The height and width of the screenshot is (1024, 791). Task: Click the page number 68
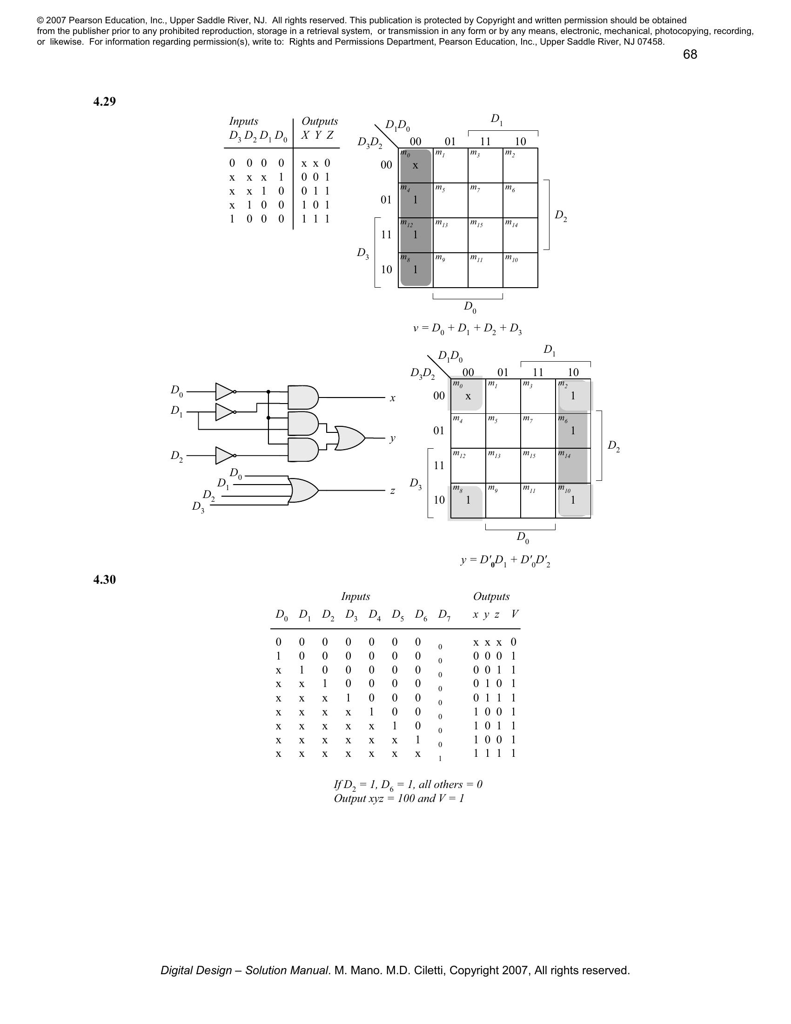(x=690, y=55)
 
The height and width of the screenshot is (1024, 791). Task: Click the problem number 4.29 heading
(x=105, y=102)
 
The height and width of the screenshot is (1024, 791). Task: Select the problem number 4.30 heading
(x=105, y=580)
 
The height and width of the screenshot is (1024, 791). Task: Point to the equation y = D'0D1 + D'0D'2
(x=505, y=561)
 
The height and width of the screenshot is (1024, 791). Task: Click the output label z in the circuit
(x=393, y=491)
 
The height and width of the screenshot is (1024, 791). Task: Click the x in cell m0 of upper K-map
(x=415, y=166)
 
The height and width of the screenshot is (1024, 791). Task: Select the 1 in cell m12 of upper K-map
(x=415, y=235)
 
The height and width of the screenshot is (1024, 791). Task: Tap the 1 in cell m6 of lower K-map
(x=573, y=431)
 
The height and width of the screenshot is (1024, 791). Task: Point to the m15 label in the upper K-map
(x=476, y=225)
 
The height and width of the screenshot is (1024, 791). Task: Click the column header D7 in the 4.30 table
(x=444, y=615)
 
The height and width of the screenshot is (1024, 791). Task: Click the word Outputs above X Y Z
(x=320, y=121)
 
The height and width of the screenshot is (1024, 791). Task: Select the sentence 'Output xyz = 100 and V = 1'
(x=399, y=798)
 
